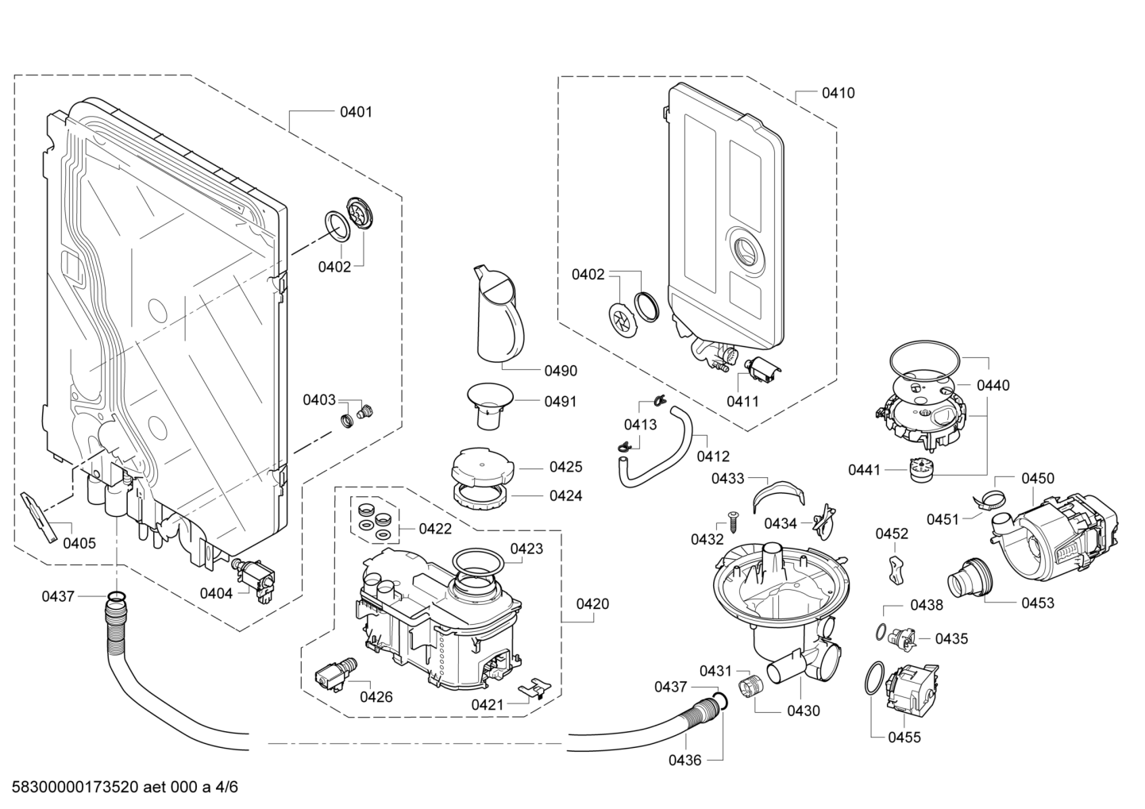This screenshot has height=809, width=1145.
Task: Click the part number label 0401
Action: click(x=356, y=112)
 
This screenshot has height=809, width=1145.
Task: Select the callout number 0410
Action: click(x=838, y=93)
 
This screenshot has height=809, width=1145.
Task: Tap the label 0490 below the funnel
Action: click(x=561, y=371)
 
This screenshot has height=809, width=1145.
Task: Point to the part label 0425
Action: click(x=565, y=468)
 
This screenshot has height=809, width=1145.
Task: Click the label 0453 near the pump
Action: click(x=1038, y=603)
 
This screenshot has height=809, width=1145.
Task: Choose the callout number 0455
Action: click(x=904, y=738)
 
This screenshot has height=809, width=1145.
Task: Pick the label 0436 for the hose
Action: click(x=684, y=760)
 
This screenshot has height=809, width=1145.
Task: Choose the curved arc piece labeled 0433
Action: click(x=775, y=493)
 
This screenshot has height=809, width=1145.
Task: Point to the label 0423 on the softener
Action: click(x=526, y=549)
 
